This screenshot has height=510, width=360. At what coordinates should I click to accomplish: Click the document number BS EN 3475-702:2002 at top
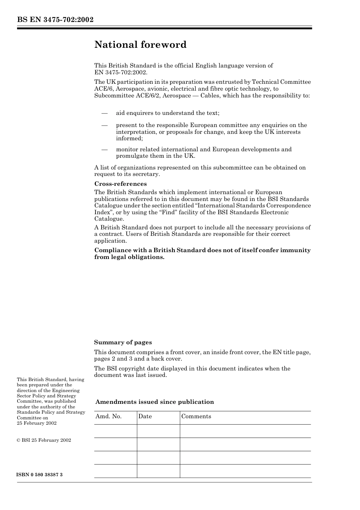pos(55,20)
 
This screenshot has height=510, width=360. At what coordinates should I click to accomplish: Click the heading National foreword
pos(140,45)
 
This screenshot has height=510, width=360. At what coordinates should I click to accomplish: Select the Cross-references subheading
pos(120,184)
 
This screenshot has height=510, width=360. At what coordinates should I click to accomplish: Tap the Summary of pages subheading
pos(123,342)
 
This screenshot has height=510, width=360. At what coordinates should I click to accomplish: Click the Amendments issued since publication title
pos(155,402)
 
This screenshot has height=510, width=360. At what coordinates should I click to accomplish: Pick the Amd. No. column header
pos(108,416)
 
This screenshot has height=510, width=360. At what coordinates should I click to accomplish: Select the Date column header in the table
pos(145,416)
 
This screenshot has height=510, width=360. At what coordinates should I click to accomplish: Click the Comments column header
pos(196,416)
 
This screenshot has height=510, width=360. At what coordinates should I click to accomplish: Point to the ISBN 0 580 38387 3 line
pos(40,475)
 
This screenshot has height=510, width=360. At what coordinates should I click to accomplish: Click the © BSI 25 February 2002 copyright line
pos(44,440)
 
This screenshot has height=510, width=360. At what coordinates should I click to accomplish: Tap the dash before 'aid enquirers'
pos(104,113)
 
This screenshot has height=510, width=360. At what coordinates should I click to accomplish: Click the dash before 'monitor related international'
pos(104,149)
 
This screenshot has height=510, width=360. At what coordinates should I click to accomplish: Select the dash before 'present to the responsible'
pos(104,125)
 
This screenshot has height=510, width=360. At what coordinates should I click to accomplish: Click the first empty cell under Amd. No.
pos(115,431)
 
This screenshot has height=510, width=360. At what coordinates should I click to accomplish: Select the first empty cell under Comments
pos(245,431)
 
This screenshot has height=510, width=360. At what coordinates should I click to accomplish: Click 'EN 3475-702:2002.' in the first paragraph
pos(121,72)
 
